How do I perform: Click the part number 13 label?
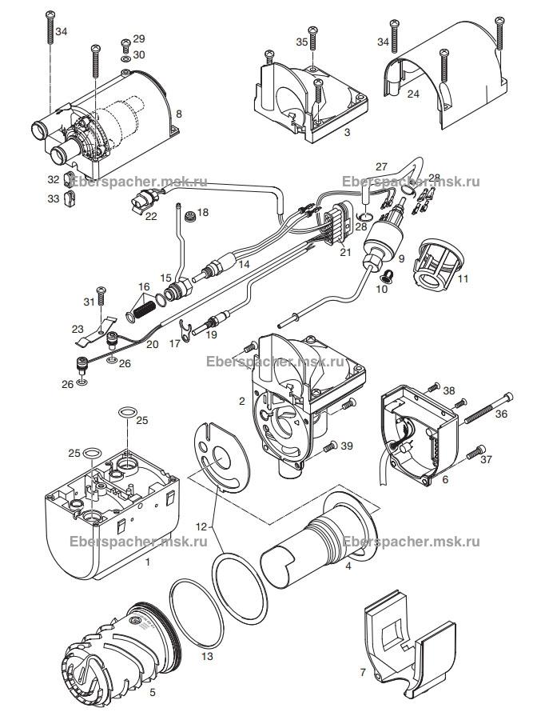pyautogui.click(x=207, y=656)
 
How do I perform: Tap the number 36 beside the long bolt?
pyautogui.click(x=502, y=414)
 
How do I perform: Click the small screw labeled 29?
pyautogui.click(x=125, y=46)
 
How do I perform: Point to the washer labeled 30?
pyautogui.click(x=125, y=58)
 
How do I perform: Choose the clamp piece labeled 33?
pyautogui.click(x=70, y=199)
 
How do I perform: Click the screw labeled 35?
pyautogui.click(x=313, y=38)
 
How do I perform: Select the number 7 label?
pyautogui.click(x=363, y=673)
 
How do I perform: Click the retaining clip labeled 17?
pyautogui.click(x=185, y=330)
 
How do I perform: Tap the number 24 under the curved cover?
pyautogui.click(x=413, y=94)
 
